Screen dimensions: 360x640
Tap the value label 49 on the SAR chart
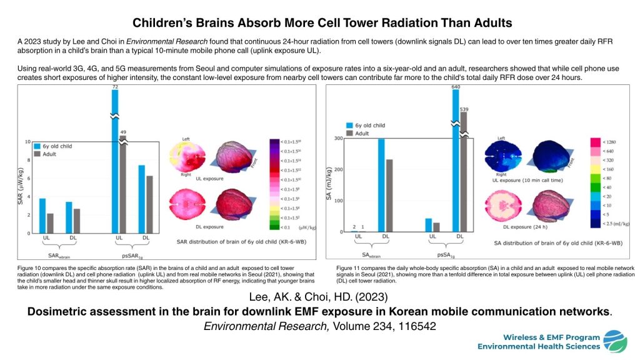pos(123,132)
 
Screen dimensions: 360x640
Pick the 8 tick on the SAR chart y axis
pos(27,159)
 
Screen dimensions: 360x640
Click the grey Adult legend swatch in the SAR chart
pos(37,153)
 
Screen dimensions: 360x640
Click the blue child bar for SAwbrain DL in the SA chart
pos(381,186)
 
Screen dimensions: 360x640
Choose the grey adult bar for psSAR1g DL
pos(149,204)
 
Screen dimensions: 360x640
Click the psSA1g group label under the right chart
pos(446,255)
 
